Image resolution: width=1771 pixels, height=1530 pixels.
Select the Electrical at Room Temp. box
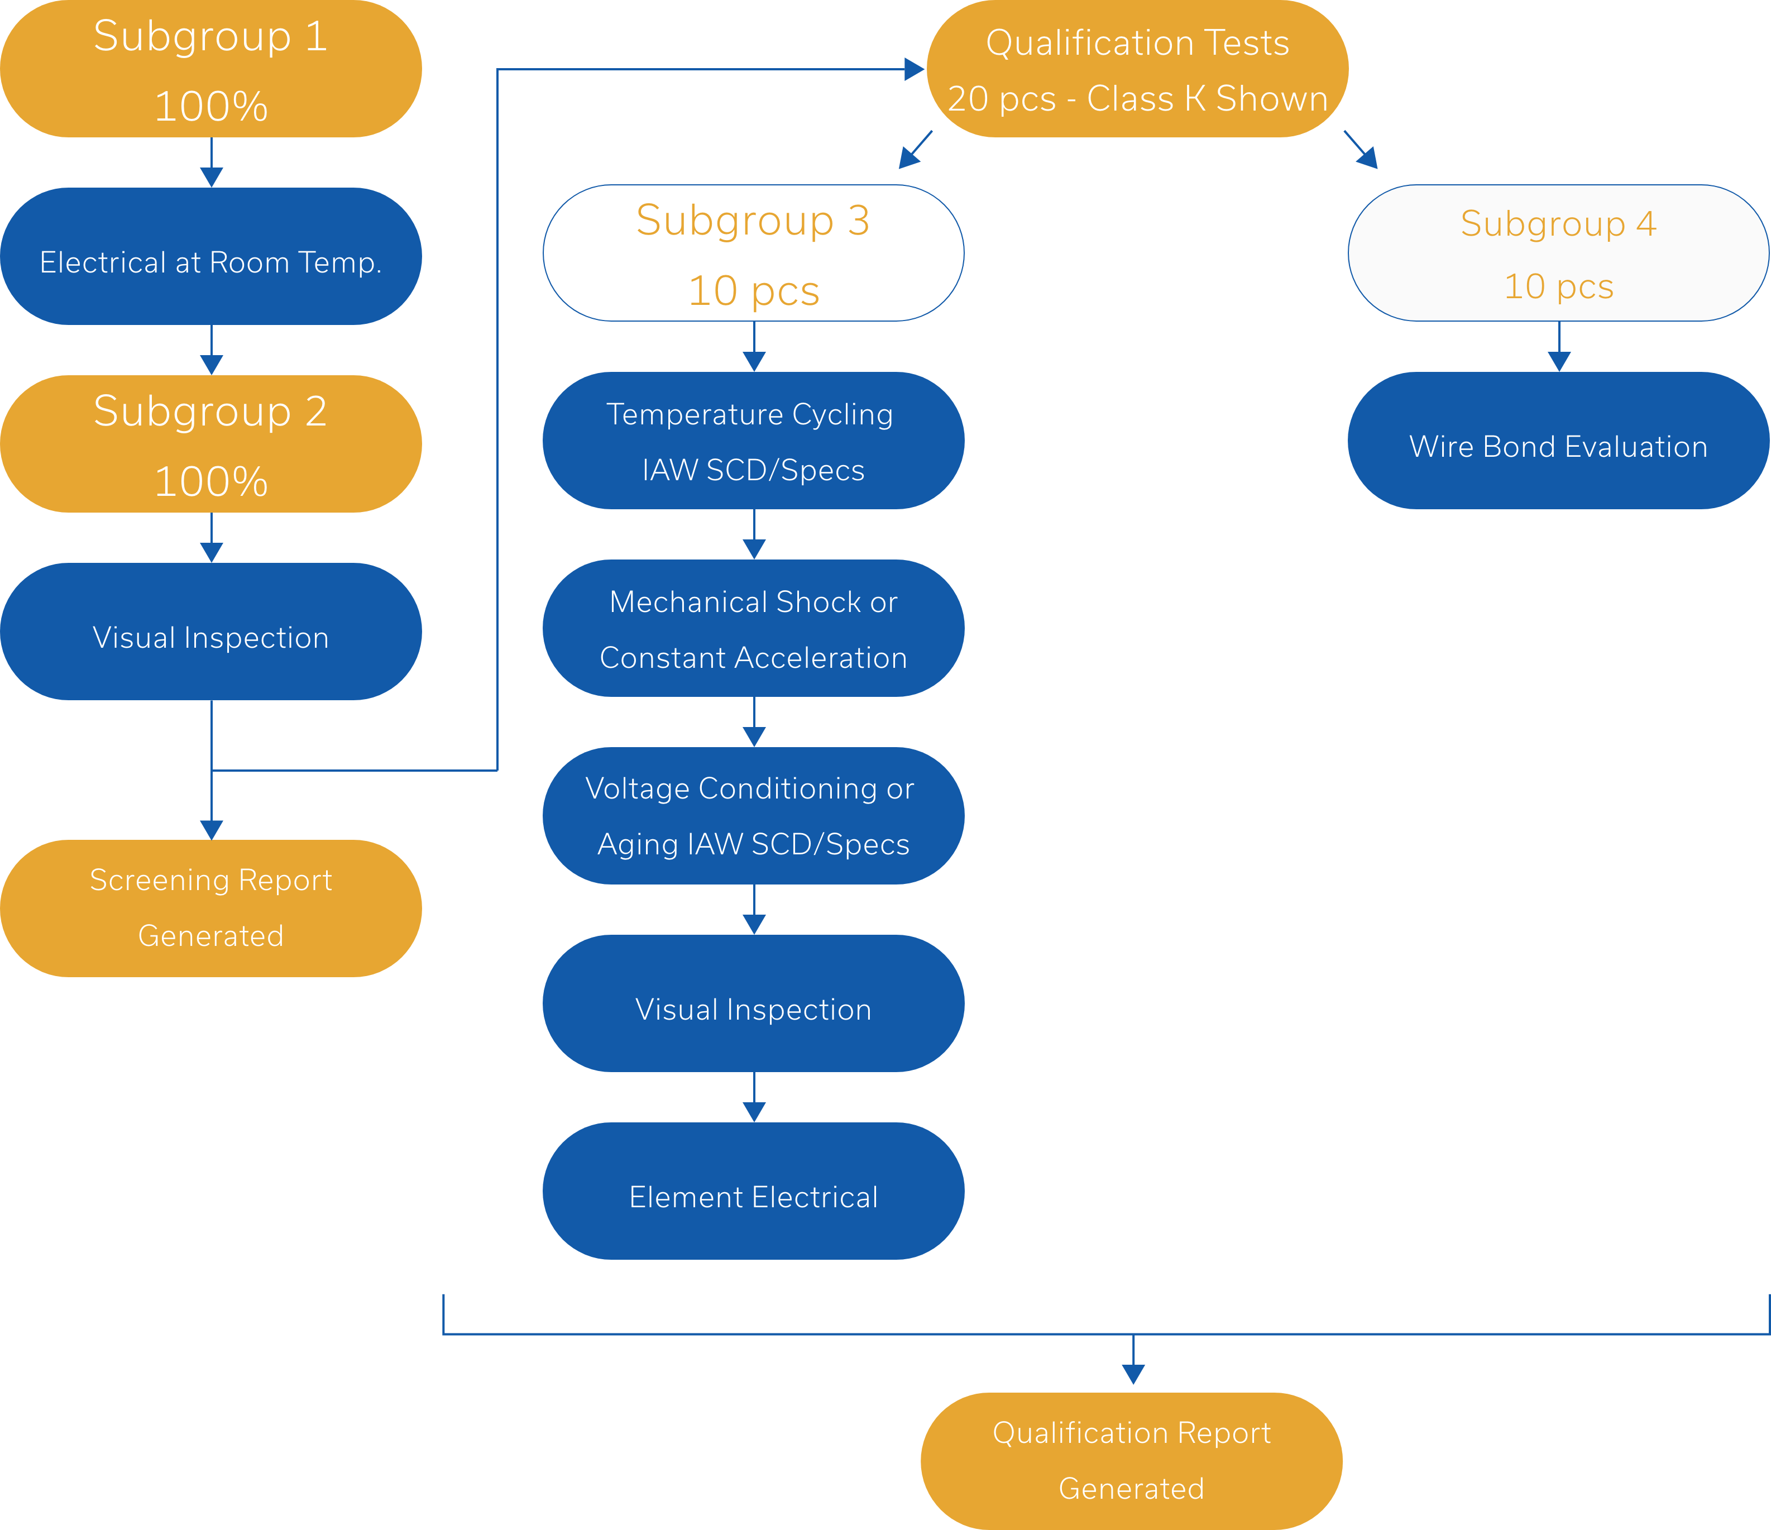pyautogui.click(x=210, y=256)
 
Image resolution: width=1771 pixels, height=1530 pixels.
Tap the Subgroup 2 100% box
pyautogui.click(x=210, y=444)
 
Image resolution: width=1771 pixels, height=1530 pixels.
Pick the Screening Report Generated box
pyautogui.click(x=210, y=908)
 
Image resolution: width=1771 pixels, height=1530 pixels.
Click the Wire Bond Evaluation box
pyautogui.click(x=1558, y=441)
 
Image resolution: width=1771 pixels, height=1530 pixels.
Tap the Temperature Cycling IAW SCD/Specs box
pyautogui.click(x=753, y=441)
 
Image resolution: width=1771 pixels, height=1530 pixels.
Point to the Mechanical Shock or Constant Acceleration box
pyautogui.click(x=753, y=629)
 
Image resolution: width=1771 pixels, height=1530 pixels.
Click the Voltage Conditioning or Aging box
pyautogui.click(x=753, y=816)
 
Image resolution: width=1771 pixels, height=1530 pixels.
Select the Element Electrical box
pyautogui.click(x=753, y=1192)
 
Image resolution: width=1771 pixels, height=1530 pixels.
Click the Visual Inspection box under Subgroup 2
pyautogui.click(x=210, y=632)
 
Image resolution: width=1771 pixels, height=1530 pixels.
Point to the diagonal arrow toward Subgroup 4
pyautogui.click(x=1362, y=150)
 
